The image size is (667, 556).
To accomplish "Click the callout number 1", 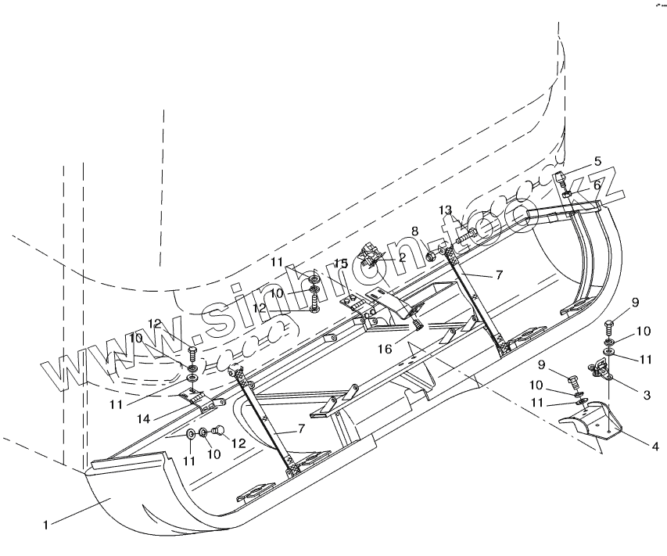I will [x=46, y=526].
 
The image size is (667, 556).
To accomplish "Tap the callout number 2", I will [x=402, y=256].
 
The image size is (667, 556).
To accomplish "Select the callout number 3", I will [x=647, y=396].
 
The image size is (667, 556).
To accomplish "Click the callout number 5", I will [x=597, y=162].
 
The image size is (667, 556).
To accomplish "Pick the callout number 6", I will [x=597, y=185].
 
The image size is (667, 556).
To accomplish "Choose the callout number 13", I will [x=445, y=210].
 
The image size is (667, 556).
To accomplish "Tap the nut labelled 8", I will [x=430, y=256].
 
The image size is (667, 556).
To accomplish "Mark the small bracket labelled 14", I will [x=203, y=400].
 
